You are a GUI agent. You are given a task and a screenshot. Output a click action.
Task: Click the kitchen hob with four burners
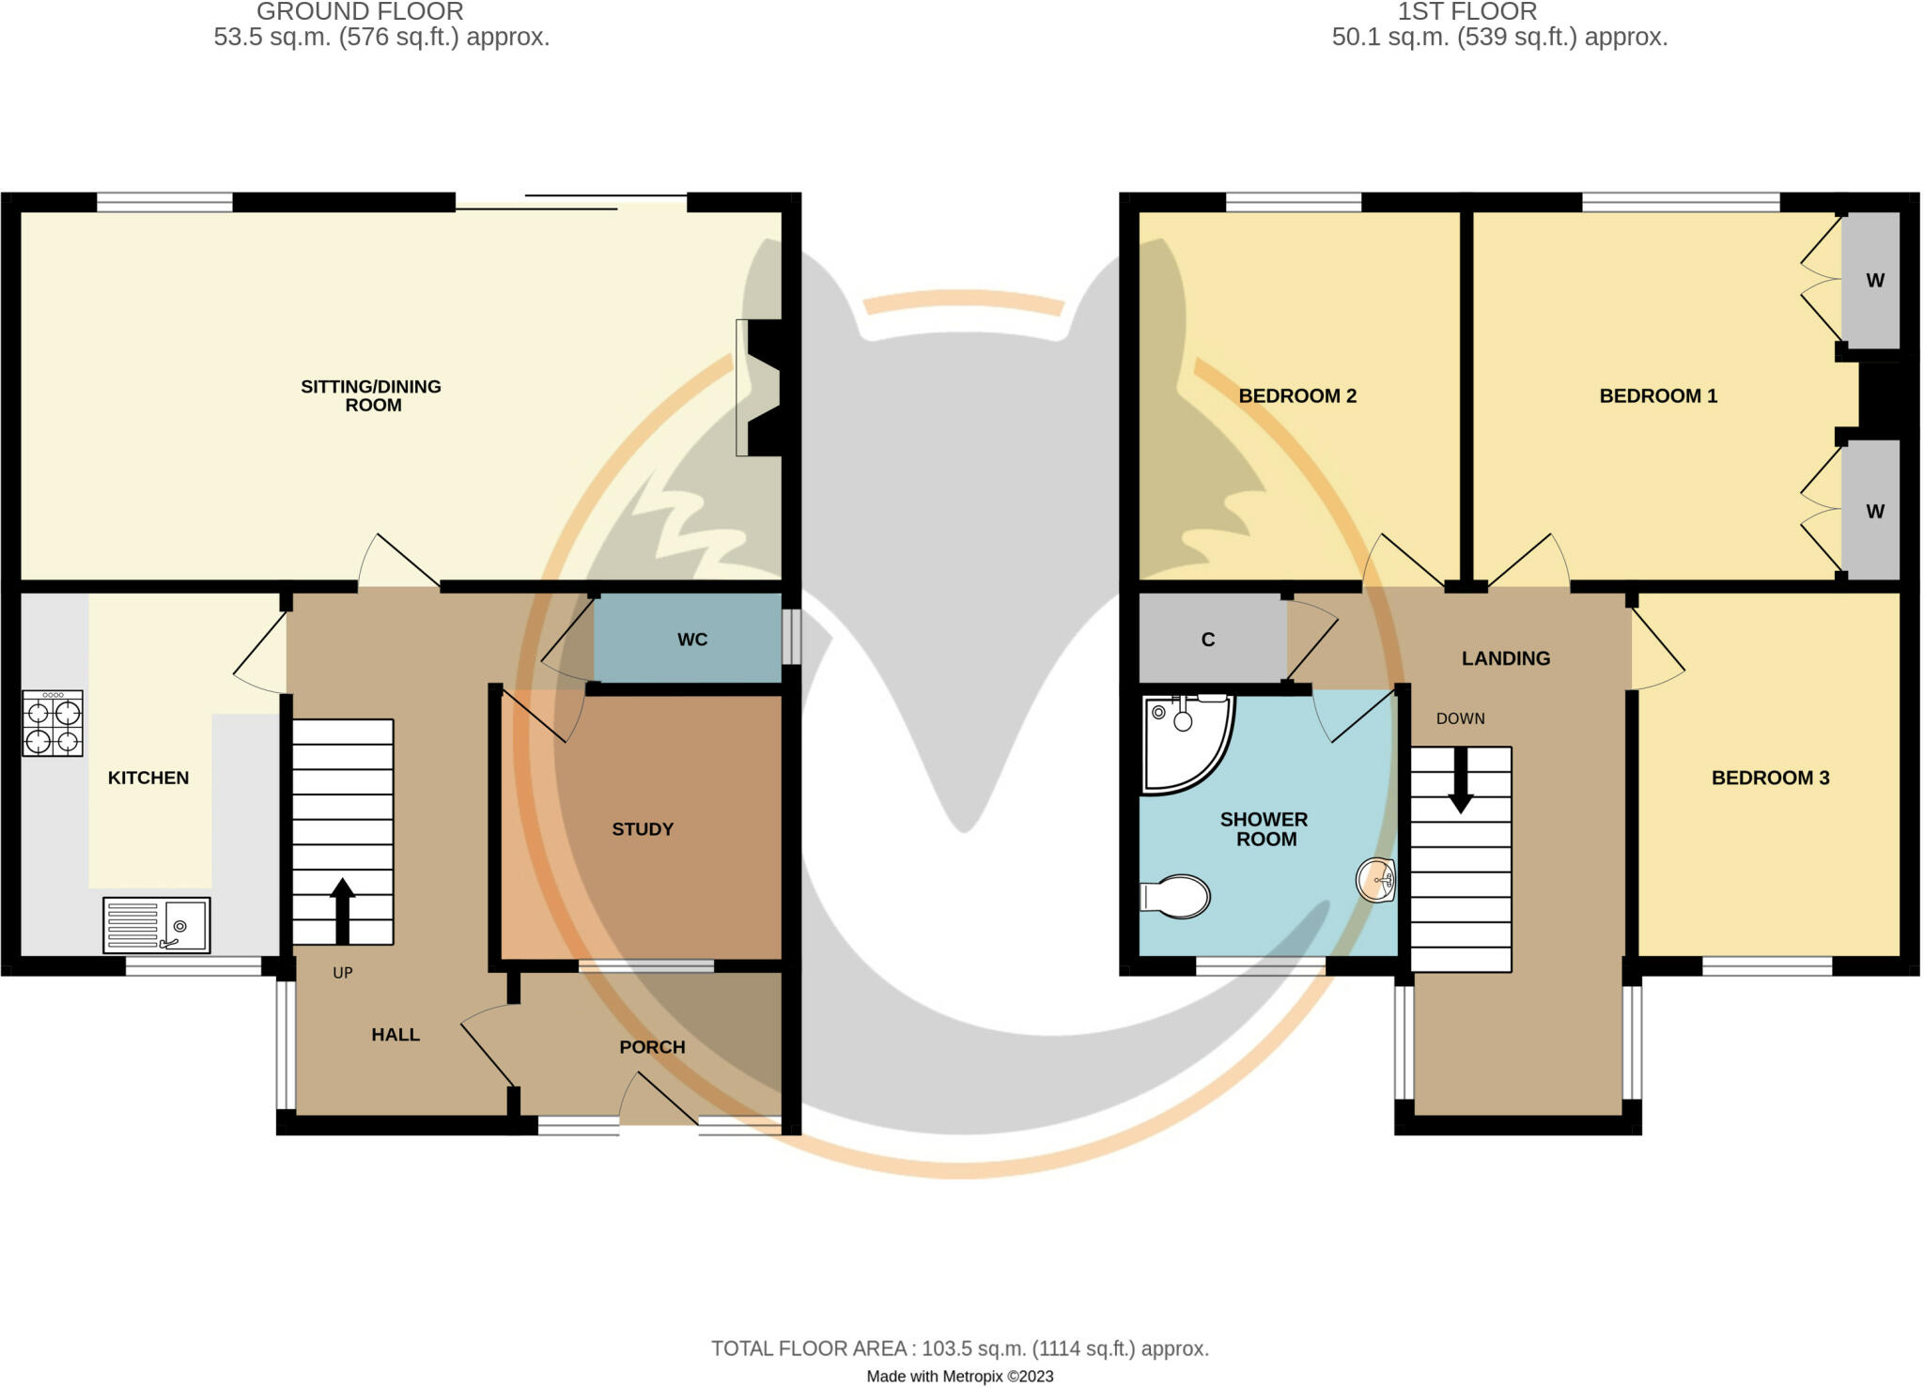[53, 723]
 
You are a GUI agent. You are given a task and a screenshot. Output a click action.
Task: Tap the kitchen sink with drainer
[157, 925]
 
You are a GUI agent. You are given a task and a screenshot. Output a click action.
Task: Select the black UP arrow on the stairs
[342, 910]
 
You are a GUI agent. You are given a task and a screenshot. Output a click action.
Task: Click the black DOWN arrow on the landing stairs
[1460, 779]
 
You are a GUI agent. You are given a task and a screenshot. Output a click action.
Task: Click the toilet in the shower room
[1175, 896]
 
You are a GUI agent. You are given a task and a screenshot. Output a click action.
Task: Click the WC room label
[692, 640]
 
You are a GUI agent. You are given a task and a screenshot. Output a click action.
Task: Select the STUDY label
[643, 829]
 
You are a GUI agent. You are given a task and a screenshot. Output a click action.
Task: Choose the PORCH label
[652, 1047]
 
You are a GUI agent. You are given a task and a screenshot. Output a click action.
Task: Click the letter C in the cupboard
[1208, 640]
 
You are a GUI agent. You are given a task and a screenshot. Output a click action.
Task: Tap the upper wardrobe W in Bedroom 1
[1875, 280]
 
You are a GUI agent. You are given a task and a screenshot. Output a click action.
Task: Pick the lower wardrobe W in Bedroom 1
[1875, 512]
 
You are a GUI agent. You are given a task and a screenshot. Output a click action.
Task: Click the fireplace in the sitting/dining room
[759, 388]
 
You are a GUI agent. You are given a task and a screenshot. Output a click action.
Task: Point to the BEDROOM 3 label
[1770, 778]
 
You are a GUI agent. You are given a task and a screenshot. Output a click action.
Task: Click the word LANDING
[1505, 658]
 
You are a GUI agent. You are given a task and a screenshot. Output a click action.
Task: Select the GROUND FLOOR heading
[360, 12]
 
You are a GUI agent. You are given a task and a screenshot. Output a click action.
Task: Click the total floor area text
[959, 1349]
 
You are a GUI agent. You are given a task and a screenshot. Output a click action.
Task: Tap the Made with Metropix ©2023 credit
[959, 1377]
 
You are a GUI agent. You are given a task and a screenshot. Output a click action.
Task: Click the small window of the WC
[792, 637]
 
